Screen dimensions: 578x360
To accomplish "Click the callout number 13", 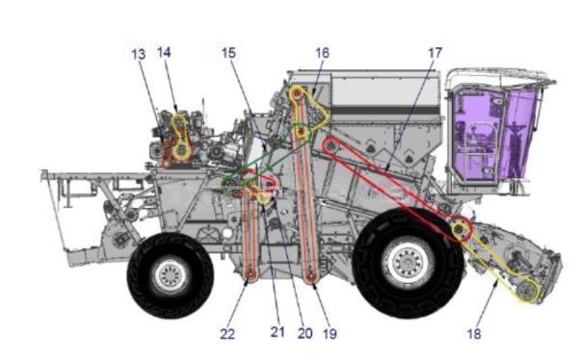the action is click(x=139, y=54).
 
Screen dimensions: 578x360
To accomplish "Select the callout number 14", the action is click(x=164, y=52).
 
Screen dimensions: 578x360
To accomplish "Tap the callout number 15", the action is click(x=228, y=53).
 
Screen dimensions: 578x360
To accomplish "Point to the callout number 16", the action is click(x=322, y=53).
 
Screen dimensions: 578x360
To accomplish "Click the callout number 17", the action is click(x=435, y=53).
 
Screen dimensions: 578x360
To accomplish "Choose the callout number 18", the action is click(x=474, y=334).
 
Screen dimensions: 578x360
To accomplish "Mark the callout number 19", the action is click(x=329, y=334).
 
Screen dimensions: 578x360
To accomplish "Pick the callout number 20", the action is click(x=304, y=333).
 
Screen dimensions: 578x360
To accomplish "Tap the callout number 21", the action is click(x=277, y=332).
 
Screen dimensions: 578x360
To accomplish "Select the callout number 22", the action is click(x=227, y=334).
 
